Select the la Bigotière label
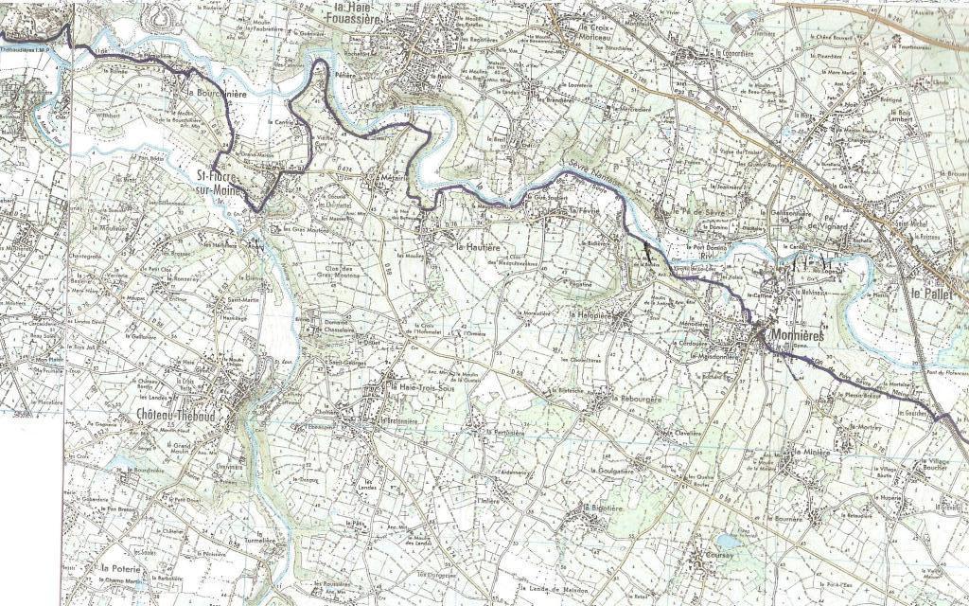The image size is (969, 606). (x=608, y=508)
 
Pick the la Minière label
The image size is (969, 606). (x=814, y=454)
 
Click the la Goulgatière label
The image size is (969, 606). (x=616, y=471)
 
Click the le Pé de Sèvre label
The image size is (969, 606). (x=699, y=211)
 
